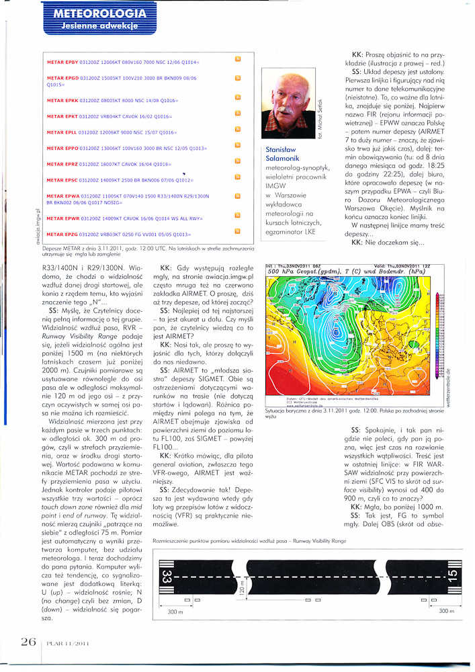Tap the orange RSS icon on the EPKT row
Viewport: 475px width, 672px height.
[x=237, y=113]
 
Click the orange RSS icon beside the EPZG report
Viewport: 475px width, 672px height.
[x=237, y=233]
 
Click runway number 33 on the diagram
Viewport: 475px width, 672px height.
[x=167, y=577]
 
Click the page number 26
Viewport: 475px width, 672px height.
[x=28, y=642]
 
